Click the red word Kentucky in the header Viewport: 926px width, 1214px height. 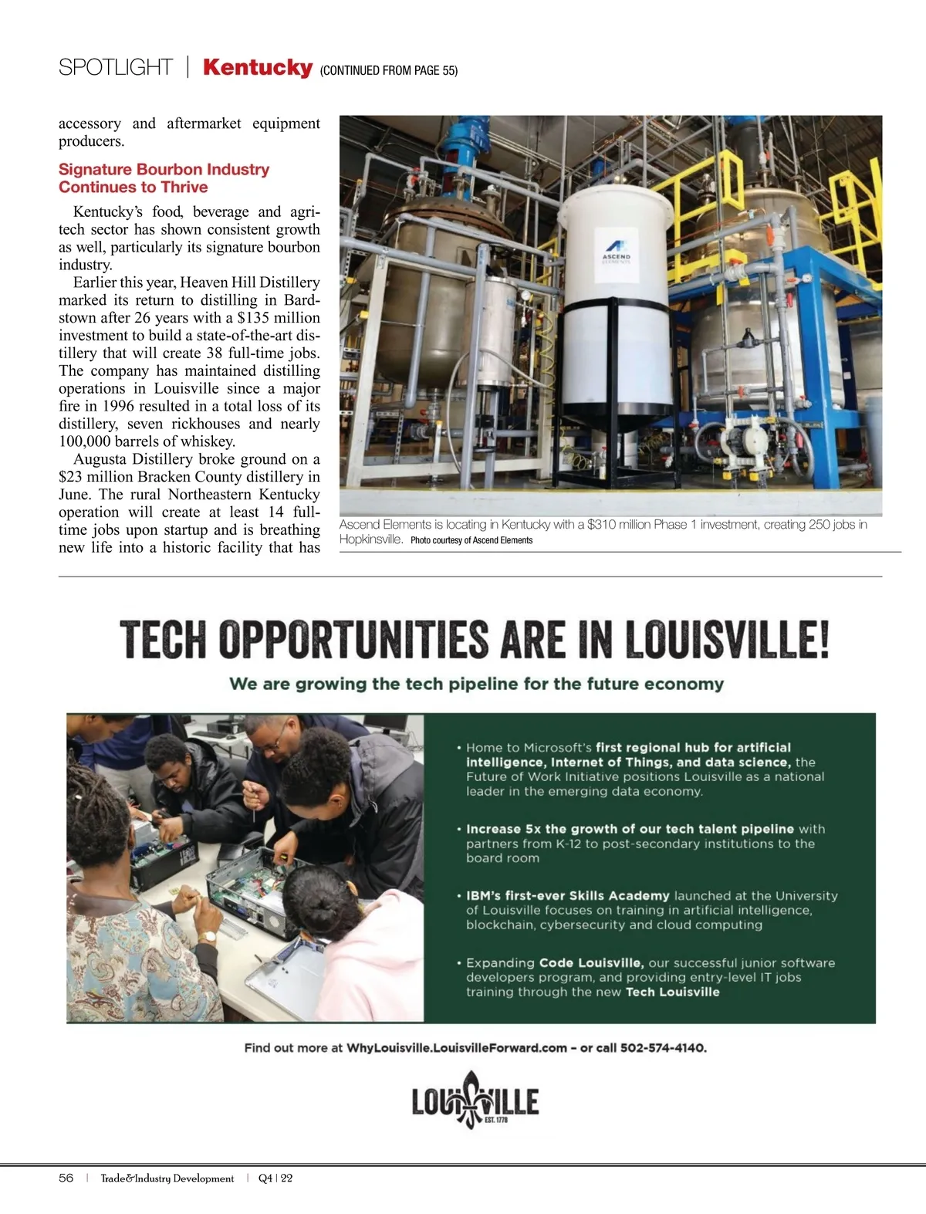[257, 67]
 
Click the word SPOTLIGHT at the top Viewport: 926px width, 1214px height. [116, 68]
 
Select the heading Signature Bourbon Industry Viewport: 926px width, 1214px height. [164, 170]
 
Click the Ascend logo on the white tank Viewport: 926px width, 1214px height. [616, 249]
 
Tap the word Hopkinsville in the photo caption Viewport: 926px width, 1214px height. [370, 539]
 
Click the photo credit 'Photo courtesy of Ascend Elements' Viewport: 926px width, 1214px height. [471, 540]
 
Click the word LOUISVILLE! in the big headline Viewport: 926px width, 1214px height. [727, 640]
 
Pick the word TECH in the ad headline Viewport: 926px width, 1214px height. [164, 640]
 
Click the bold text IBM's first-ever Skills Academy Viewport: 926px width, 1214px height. [567, 896]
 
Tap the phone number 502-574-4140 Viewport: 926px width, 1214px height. [663, 1048]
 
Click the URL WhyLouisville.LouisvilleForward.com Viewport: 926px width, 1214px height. [457, 1048]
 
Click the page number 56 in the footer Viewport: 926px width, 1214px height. [66, 1178]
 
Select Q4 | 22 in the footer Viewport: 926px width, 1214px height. [275, 1178]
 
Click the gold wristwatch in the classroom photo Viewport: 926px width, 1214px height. [206, 937]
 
